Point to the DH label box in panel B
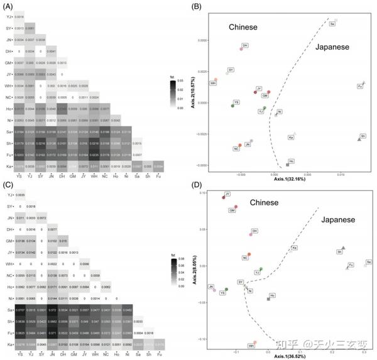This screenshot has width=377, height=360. point(245,45)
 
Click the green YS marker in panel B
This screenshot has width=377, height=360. point(232,106)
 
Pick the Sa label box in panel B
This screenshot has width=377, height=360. point(332,24)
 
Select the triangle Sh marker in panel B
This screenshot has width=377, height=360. point(359,139)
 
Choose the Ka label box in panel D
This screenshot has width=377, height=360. point(294,248)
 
